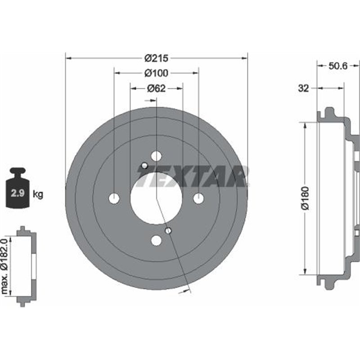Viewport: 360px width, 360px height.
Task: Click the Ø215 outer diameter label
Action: point(156,58)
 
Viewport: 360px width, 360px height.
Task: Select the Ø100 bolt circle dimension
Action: point(156,72)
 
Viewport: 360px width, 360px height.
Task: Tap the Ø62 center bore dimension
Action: point(157,88)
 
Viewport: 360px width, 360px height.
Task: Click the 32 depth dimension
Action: point(303,88)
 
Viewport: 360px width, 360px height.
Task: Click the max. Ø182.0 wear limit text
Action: point(5,267)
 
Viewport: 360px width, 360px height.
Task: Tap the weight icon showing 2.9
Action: point(18,189)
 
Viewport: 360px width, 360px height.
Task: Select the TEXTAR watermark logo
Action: point(193,176)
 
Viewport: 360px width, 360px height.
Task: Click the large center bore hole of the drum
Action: point(156,198)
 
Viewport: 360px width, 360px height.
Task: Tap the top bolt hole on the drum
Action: point(156,156)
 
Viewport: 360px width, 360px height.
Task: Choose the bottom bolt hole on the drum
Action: point(156,240)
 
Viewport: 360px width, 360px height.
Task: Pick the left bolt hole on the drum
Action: point(114,198)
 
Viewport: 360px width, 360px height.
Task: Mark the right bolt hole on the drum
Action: point(198,198)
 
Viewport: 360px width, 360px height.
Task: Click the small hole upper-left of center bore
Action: point(144,166)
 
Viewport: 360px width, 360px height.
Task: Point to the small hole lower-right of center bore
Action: point(168,231)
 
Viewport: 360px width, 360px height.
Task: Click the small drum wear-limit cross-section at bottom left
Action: point(25,267)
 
